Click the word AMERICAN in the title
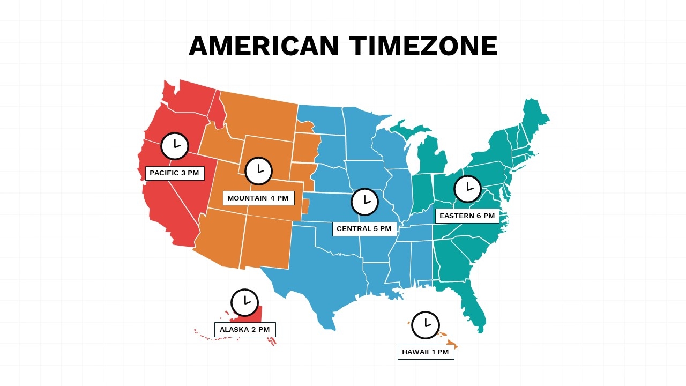coord(264,46)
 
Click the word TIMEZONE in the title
coord(423,46)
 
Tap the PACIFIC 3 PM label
coord(175,173)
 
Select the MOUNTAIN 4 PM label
coord(258,198)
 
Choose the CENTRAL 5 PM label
coord(364,229)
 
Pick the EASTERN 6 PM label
coord(467,216)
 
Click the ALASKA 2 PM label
coord(245,330)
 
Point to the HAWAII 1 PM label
coord(426,352)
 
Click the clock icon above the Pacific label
coord(175,146)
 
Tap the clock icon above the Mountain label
coord(259,171)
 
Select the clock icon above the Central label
coord(365,202)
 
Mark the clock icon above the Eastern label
coord(468,189)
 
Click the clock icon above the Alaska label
coord(245,302)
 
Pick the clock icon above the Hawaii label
coord(426,325)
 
